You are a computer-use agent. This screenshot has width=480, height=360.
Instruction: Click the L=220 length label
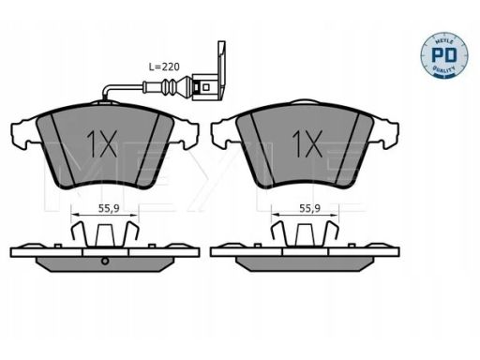click(164, 67)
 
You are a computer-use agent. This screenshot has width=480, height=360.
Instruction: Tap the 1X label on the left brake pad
click(102, 143)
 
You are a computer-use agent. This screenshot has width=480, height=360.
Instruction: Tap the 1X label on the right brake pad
click(307, 143)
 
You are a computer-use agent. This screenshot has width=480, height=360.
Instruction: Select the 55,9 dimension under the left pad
click(109, 208)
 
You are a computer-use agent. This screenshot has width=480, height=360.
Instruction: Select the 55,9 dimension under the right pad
click(309, 208)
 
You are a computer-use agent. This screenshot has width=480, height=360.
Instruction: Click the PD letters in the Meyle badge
click(444, 55)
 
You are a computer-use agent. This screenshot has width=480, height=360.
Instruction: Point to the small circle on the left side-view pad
click(105, 262)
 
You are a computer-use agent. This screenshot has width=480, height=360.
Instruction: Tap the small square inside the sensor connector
click(205, 86)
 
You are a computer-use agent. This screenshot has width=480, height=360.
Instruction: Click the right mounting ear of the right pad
click(386, 132)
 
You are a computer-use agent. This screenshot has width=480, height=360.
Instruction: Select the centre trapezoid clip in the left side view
click(105, 235)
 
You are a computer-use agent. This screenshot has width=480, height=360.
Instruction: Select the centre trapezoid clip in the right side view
click(306, 235)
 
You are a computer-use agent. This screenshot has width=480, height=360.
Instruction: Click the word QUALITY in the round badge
click(444, 69)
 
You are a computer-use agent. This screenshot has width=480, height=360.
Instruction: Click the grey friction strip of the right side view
click(305, 264)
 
